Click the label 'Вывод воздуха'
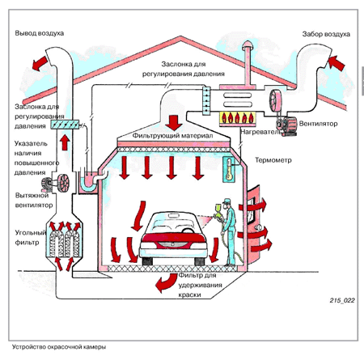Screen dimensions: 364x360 pyautogui.click(x=40, y=33)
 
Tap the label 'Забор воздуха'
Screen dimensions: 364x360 pyautogui.click(x=326, y=34)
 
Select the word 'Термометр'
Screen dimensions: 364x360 pyautogui.click(x=273, y=160)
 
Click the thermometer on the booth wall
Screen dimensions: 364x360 pyautogui.click(x=229, y=170)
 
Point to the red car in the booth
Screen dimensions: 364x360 pyautogui.click(x=173, y=238)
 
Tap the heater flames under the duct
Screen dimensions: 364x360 pyautogui.click(x=237, y=117)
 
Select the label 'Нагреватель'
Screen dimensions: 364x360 pyautogui.click(x=260, y=132)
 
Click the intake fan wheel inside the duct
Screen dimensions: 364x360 pyautogui.click(x=275, y=100)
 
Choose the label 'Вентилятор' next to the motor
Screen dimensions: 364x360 pyautogui.click(x=318, y=124)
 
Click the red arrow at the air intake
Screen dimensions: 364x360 pyautogui.click(x=336, y=63)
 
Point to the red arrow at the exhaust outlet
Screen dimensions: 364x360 pyautogui.click(x=40, y=64)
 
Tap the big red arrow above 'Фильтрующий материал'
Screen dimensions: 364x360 pyautogui.click(x=174, y=123)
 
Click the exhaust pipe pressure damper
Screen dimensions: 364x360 pyautogui.click(x=65, y=125)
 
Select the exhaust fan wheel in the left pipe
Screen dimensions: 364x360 pyautogui.click(x=63, y=184)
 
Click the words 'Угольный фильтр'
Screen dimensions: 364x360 pyautogui.click(x=31, y=237)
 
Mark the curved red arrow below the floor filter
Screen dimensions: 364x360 pyautogui.click(x=165, y=282)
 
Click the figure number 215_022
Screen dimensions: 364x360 pyautogui.click(x=342, y=300)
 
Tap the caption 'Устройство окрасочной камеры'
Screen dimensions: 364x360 pyautogui.click(x=59, y=347)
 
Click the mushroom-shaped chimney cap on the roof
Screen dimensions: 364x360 pyautogui.click(x=248, y=45)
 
